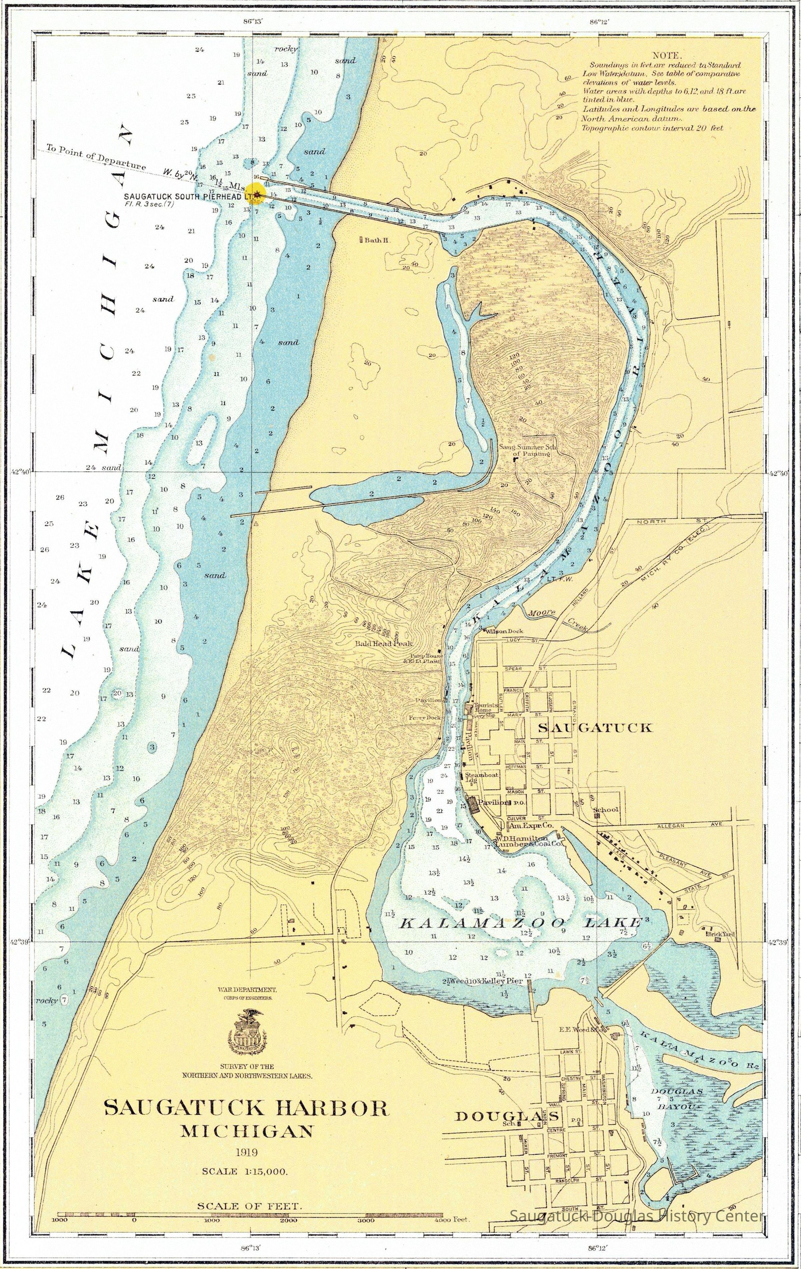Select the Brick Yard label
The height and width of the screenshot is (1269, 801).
[721, 934]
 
